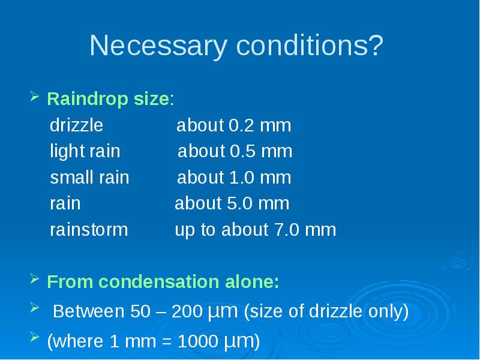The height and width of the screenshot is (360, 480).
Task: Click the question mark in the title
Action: (376, 45)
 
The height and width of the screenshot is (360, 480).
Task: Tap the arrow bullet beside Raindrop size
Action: (35, 96)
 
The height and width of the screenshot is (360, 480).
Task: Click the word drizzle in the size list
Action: (76, 125)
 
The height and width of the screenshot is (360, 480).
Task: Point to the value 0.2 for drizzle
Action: (241, 125)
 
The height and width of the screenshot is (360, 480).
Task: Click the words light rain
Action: (85, 151)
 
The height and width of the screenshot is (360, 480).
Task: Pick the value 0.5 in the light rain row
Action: (242, 151)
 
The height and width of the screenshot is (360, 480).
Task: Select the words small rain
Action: (89, 177)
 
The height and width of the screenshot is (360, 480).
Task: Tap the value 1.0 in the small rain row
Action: (242, 177)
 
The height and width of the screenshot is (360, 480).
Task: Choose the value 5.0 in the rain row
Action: (239, 203)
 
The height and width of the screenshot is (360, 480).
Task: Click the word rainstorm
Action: (89, 230)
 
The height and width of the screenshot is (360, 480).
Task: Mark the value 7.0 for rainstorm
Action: (287, 230)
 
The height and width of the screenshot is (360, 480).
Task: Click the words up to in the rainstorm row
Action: (196, 230)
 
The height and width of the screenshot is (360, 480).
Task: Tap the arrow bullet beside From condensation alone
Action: (35, 278)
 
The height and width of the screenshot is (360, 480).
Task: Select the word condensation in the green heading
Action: (158, 281)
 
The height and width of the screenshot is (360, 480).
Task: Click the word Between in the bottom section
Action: (88, 311)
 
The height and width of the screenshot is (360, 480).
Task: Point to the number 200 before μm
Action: (187, 311)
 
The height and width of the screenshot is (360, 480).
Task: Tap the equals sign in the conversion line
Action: (167, 341)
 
